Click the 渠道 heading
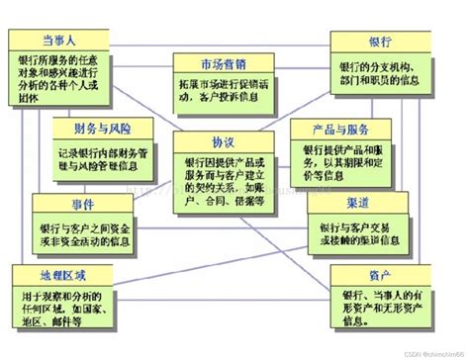[359, 202]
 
